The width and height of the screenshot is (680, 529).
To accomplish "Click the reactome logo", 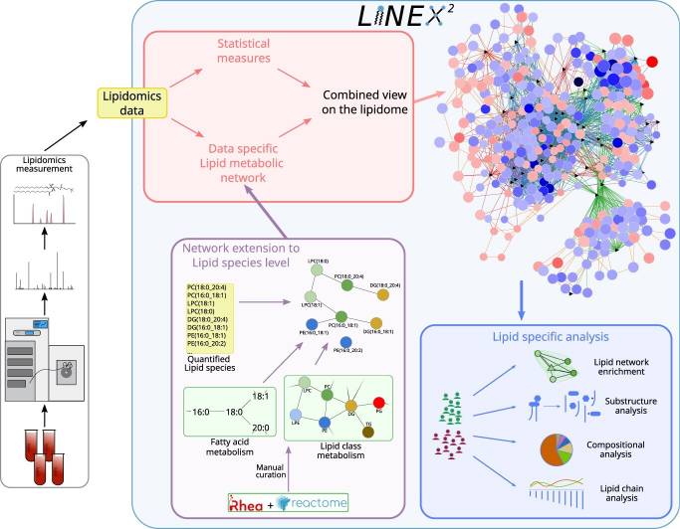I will tap(315, 502).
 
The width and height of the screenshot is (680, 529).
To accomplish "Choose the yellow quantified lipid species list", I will tap(214, 319).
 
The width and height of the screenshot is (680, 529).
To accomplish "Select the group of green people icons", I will tap(447, 409).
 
